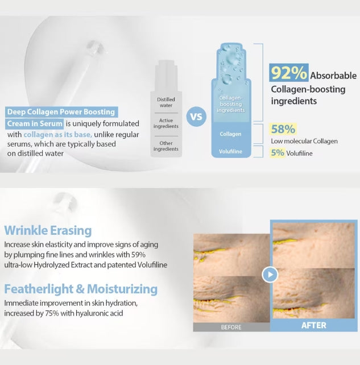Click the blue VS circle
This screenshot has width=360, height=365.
coord(196,118)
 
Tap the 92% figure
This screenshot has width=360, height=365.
coord(289,73)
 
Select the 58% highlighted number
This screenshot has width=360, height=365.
coord(283,129)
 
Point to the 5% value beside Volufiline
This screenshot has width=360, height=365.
coord(278,152)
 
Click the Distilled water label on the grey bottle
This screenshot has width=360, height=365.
coord(166,102)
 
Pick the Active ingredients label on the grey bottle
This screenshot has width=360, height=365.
coord(166,123)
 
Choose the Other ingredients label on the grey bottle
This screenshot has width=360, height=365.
coord(166,146)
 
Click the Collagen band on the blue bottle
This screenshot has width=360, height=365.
coord(230,134)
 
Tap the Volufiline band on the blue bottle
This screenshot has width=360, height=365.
coord(230,152)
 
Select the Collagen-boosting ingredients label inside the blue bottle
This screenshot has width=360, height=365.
coord(230,104)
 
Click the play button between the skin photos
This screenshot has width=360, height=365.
coord(270,275)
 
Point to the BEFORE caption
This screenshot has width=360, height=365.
coord(231,327)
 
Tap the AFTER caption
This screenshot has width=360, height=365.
coord(313,325)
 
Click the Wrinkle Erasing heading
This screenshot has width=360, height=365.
coord(48,230)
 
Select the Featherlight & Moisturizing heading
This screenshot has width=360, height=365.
coord(81,289)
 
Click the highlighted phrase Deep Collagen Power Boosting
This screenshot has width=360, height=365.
coord(61,112)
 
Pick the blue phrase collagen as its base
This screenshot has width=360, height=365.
coord(58,135)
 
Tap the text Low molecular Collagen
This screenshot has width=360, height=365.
coord(304,141)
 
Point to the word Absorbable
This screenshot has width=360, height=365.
coord(333,75)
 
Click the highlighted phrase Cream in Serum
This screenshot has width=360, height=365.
coord(35,123)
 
